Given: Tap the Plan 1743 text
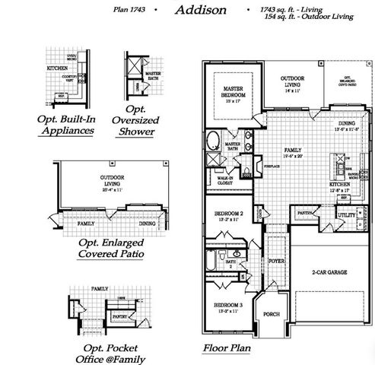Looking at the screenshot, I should click(127, 11).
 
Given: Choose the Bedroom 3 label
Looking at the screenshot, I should click(229, 308).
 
